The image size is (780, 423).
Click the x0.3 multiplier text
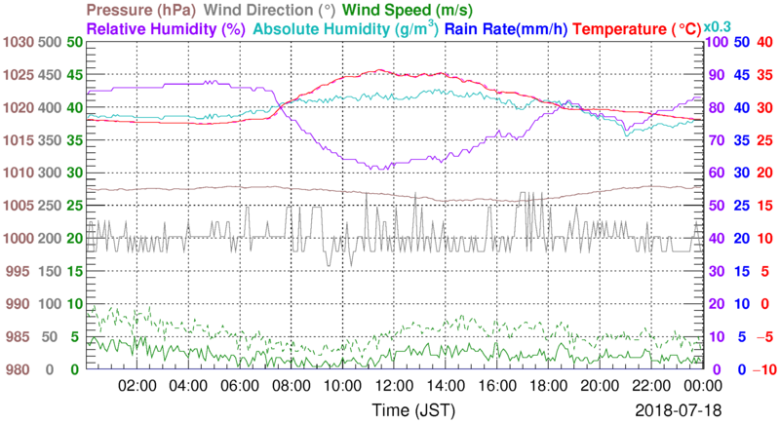(x=718, y=26)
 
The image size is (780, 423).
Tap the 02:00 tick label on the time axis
(x=137, y=385)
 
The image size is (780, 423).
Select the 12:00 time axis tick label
(x=392, y=385)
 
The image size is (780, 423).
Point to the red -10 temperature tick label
(x=761, y=369)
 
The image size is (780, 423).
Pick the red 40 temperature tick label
(x=764, y=42)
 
